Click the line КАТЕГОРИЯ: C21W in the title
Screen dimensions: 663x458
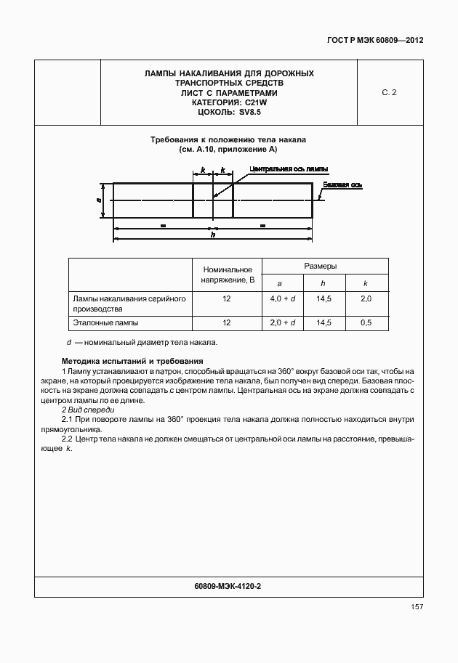(229, 103)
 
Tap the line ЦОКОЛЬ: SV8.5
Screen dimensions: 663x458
(229, 113)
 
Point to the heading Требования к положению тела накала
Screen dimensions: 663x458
(228, 139)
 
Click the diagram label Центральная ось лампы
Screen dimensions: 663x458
(288, 168)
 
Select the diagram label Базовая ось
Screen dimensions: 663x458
(342, 184)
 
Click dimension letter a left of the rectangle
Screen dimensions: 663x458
(98, 199)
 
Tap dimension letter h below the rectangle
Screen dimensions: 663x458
(212, 235)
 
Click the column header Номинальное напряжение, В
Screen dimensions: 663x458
(228, 274)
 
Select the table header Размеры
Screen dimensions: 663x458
(324, 267)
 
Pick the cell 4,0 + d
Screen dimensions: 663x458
(282, 298)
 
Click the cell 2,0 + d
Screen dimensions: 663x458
(282, 322)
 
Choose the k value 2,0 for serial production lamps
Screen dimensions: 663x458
(366, 298)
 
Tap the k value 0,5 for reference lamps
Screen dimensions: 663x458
(366, 322)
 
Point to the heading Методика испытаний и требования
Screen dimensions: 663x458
(132, 361)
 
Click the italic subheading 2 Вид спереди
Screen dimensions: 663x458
(84, 410)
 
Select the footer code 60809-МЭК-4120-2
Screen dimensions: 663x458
(228, 585)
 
